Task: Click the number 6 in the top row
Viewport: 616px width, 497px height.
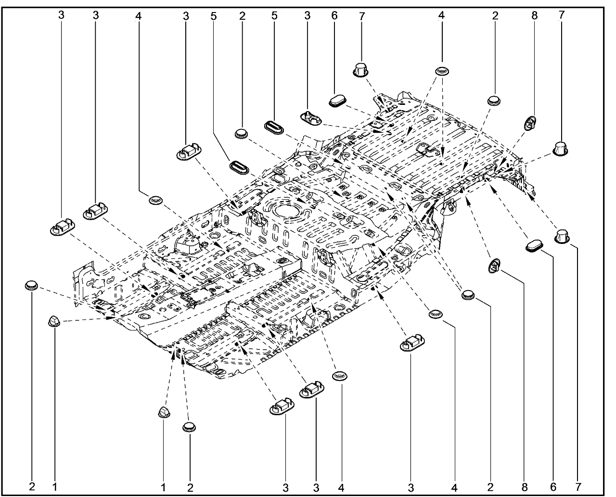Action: point(334,15)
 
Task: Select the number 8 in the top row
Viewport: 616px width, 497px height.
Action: point(534,15)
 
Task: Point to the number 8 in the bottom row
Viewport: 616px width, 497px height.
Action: point(523,487)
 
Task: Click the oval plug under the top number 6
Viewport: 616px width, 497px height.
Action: point(338,101)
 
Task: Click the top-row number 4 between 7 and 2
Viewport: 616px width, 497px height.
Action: point(441,15)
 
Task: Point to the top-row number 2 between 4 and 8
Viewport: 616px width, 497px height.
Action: point(495,15)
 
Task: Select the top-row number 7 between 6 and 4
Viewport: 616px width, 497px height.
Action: point(361,15)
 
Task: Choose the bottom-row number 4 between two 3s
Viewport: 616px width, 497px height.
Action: point(341,487)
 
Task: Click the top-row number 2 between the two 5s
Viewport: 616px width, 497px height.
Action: point(242,15)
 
